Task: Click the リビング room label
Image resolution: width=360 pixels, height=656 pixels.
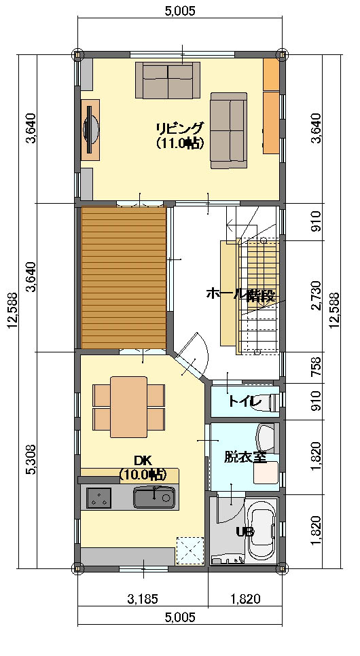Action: pos(181,127)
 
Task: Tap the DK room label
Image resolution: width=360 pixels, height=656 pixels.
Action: pos(143,460)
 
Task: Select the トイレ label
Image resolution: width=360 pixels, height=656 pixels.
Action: pos(245,401)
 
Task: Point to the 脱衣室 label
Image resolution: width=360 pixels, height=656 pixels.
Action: pos(245,456)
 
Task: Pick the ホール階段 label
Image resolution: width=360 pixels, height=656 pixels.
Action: pos(240,294)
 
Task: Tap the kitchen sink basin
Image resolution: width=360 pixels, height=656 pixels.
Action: pos(154,498)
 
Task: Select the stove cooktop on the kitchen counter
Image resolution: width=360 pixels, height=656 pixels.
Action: pos(98,498)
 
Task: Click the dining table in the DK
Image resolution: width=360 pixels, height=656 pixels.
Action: pos(129,407)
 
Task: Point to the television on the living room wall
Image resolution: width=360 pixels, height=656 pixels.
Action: pos(90,130)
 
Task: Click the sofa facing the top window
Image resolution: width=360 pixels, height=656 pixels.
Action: pos(168,80)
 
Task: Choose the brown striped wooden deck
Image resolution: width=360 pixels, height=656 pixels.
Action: pos(124,278)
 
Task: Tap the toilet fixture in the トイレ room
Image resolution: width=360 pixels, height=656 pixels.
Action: pos(274,401)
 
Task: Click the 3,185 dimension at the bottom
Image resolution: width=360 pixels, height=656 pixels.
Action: pos(143,599)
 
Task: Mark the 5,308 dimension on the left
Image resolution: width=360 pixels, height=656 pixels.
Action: pos(32,460)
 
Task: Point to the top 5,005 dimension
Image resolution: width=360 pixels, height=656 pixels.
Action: pos(180,11)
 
